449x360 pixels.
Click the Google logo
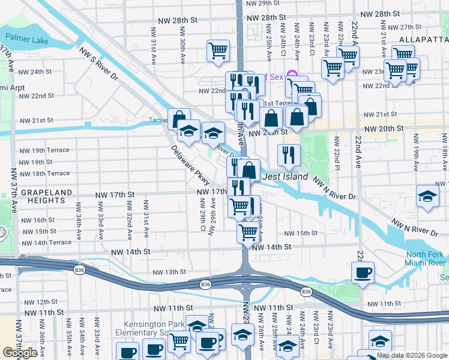(x=20, y=353)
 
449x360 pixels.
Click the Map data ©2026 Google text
(x=411, y=355)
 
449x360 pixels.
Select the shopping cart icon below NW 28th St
(x=218, y=50)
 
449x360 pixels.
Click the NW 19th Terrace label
(x=44, y=150)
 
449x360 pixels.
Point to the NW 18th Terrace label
(x=44, y=173)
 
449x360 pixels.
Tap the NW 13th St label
(x=169, y=272)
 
